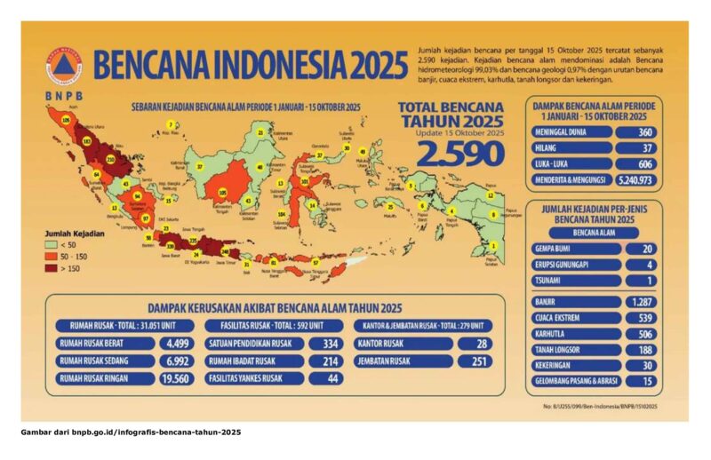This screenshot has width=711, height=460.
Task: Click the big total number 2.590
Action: [460, 153]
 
